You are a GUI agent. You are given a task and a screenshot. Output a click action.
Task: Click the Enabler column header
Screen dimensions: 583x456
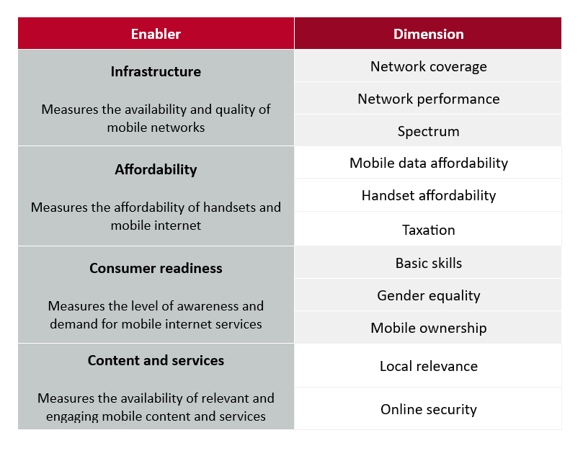pyautogui.click(x=156, y=33)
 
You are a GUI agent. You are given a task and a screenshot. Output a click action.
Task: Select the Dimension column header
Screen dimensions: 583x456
pyautogui.click(x=428, y=33)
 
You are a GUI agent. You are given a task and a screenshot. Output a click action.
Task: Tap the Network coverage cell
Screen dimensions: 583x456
pyautogui.click(x=428, y=66)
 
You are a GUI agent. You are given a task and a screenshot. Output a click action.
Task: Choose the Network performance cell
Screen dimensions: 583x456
pyautogui.click(x=428, y=99)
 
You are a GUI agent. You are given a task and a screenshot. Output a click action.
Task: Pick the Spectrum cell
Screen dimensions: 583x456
pyautogui.click(x=428, y=131)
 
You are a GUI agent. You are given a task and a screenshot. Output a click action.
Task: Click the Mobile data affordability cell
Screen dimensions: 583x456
pyautogui.click(x=428, y=163)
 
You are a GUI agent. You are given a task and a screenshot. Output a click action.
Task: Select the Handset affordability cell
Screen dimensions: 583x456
pyautogui.click(x=428, y=195)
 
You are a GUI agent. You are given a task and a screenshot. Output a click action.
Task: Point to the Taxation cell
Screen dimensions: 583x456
pyautogui.click(x=428, y=230)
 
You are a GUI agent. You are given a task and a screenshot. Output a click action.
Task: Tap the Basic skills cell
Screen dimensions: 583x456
pyautogui.click(x=428, y=263)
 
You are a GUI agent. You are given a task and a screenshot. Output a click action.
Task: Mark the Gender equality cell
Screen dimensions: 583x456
pyautogui.click(x=428, y=295)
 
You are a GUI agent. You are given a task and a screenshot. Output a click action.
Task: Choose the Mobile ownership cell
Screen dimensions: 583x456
pyautogui.click(x=428, y=328)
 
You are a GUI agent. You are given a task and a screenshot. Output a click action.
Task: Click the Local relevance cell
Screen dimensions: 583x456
pyautogui.click(x=428, y=366)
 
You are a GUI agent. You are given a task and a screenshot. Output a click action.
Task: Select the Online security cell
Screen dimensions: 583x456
pyautogui.click(x=428, y=409)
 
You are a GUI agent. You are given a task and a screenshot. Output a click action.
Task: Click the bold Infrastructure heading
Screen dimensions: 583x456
pyautogui.click(x=156, y=71)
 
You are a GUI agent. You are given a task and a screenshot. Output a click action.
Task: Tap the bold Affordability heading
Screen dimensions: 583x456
pyautogui.click(x=156, y=169)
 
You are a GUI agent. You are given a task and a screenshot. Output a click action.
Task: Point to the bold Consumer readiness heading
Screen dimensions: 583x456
pyautogui.click(x=156, y=268)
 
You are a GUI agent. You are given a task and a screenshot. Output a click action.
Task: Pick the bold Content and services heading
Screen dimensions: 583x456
pyautogui.click(x=156, y=360)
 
